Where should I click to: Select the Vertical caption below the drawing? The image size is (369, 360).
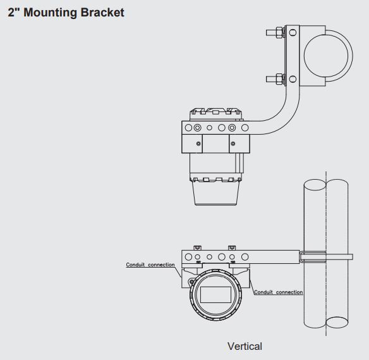(245, 346)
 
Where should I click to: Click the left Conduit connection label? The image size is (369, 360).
(150, 264)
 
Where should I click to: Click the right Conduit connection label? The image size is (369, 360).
(278, 292)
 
